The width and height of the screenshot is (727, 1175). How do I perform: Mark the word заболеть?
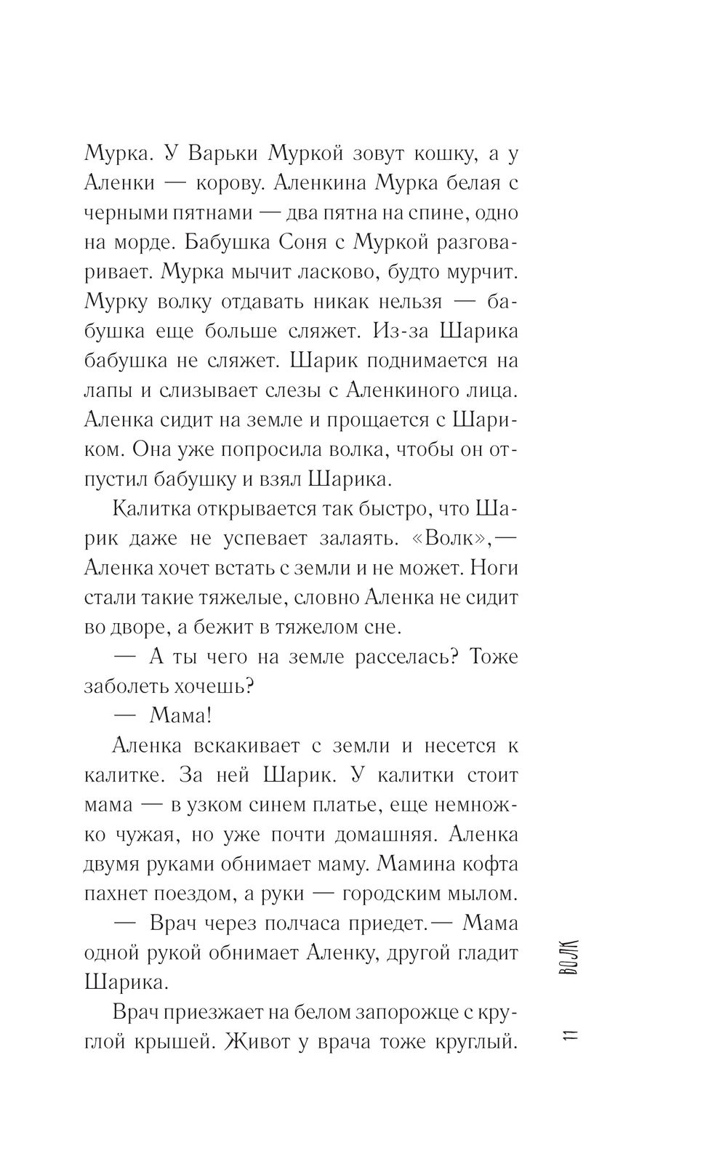point(129,686)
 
